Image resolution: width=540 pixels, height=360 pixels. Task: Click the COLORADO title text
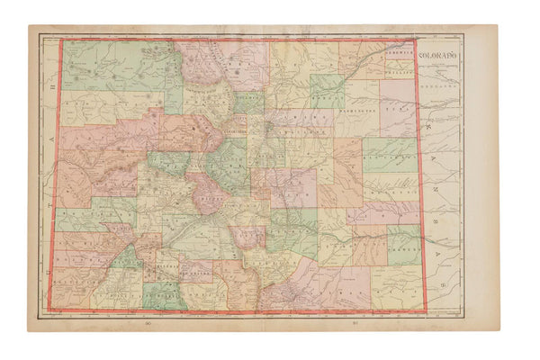[x=439, y=57]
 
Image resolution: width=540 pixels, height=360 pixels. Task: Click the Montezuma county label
[x=72, y=287]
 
